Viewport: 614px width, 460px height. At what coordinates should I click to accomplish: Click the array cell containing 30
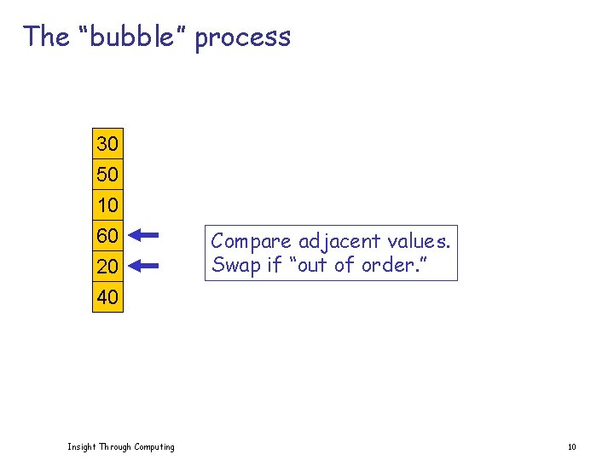click(x=107, y=144)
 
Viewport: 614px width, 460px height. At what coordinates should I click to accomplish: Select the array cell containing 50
click(x=107, y=175)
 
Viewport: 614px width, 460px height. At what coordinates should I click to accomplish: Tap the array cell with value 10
click(x=107, y=205)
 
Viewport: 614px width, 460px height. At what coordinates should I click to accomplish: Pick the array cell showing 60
click(x=107, y=235)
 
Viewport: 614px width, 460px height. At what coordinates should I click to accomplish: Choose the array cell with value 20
click(x=107, y=267)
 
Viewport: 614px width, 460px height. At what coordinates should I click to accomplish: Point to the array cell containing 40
click(x=107, y=297)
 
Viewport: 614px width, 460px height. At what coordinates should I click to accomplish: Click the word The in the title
click(x=46, y=37)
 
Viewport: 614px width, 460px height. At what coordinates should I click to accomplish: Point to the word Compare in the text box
click(x=252, y=242)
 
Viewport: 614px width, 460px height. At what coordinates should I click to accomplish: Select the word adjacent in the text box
click(x=335, y=242)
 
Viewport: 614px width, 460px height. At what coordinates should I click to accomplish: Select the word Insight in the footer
click(x=82, y=447)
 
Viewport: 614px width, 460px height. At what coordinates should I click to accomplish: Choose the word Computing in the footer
click(x=153, y=447)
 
